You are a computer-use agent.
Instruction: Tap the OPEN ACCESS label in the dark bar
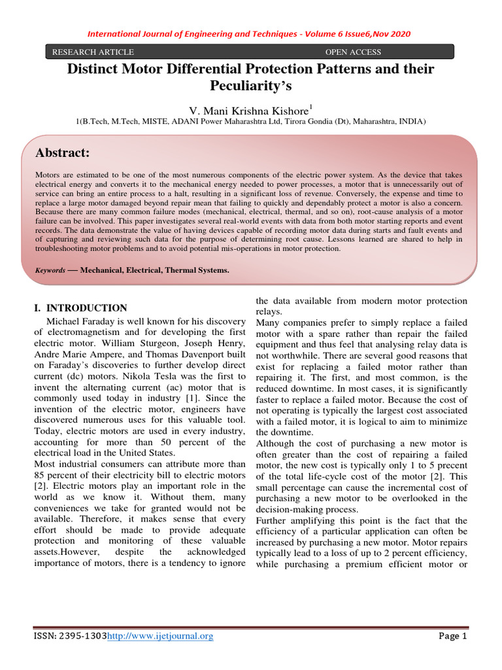tap(353, 52)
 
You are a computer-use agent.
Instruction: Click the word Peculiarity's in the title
tap(251, 86)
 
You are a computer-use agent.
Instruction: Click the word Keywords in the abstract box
tap(50, 270)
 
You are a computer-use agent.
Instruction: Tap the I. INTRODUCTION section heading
tap(80, 308)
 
